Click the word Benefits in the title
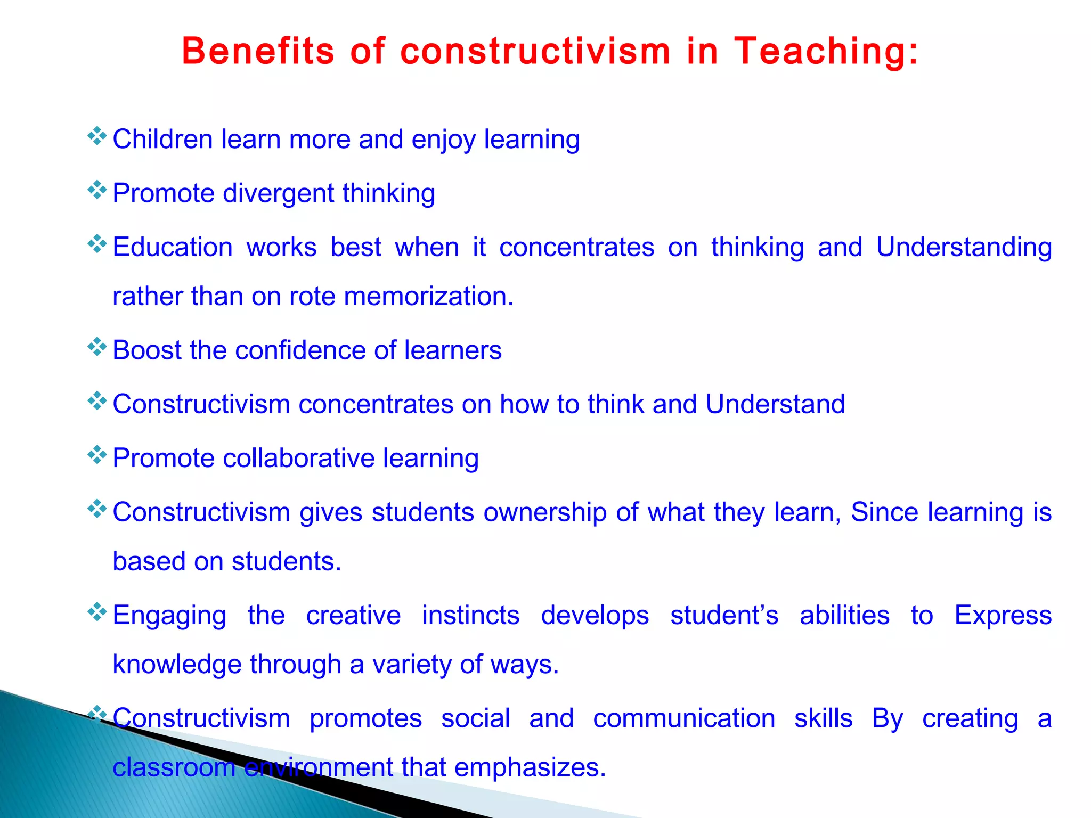(258, 52)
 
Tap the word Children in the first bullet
(162, 140)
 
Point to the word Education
(173, 248)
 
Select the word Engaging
(169, 616)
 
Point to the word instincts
(470, 616)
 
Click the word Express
(1003, 616)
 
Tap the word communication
(684, 718)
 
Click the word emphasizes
(530, 767)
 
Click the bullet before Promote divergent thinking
(97, 190)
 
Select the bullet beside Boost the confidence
(97, 347)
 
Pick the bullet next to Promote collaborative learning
(97, 455)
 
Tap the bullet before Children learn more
(97, 136)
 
